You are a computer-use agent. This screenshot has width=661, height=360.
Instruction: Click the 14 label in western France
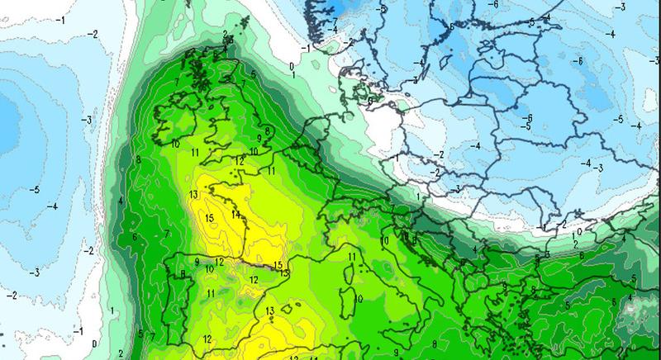[235, 216]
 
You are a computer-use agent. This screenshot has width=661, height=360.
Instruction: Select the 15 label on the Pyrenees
[278, 265]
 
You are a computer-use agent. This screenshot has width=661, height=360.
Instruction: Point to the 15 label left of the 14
[210, 217]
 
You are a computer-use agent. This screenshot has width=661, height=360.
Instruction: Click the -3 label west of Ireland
[85, 121]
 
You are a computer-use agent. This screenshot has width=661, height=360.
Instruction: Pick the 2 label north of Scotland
[225, 34]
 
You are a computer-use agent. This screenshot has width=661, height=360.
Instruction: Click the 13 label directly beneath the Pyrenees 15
[283, 272]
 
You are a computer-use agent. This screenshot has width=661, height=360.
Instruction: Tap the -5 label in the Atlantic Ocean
[33, 190]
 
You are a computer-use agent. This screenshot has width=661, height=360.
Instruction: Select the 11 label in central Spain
[211, 293]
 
